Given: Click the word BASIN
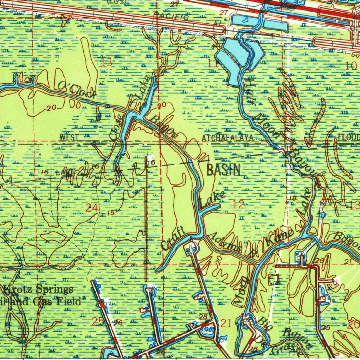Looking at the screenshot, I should tap(224, 170).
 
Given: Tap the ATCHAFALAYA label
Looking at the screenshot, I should tap(228, 138).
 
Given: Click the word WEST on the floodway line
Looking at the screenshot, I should tap(69, 137).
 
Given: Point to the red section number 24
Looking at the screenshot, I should tap(92, 208).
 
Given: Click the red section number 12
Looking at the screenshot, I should tap(238, 205).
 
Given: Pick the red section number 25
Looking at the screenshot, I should tap(96, 321).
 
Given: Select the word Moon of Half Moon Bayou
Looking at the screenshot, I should tap(268, 125).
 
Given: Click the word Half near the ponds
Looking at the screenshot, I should tap(250, 91).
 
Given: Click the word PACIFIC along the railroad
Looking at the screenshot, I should tap(171, 16).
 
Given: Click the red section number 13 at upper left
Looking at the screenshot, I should tap(107, 63).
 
